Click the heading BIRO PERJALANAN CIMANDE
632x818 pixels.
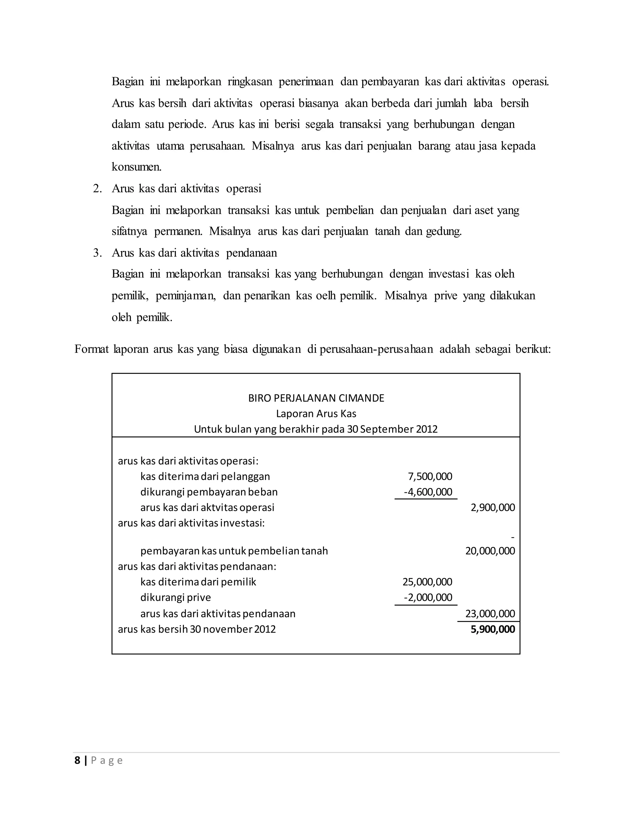316,398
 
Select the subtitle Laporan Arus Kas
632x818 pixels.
316,414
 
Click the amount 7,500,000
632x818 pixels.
430,476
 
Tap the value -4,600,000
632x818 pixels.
428,492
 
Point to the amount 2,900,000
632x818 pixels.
493,507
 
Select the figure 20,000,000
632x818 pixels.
490,551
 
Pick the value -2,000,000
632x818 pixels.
428,597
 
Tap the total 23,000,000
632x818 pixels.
490,614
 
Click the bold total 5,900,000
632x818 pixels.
493,629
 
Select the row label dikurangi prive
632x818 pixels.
176,597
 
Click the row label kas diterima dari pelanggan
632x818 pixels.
205,476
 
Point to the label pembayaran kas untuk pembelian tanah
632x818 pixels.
234,551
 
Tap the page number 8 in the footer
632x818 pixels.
77,760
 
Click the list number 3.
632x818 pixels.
97,253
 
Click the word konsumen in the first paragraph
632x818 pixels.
136,167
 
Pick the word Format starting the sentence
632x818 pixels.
91,349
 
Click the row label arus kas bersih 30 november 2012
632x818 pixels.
197,629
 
